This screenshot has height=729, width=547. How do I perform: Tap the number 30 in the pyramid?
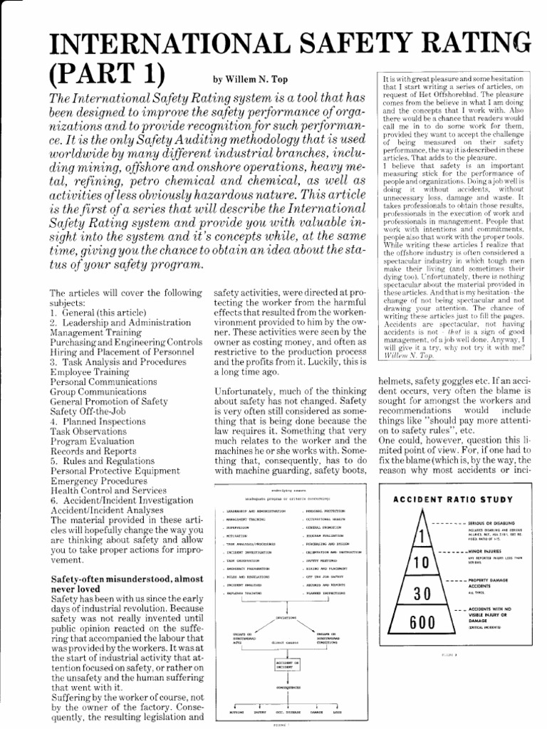point(422,592)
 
